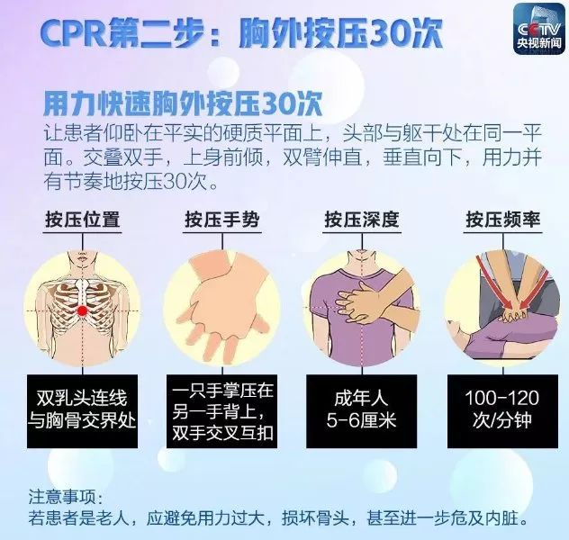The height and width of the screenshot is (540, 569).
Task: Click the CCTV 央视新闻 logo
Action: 538,30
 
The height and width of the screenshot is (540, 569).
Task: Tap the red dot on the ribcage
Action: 83,310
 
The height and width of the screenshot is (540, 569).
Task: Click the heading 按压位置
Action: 82,220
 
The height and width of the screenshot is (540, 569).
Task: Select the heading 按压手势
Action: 222,220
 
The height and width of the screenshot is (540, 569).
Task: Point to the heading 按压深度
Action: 362,220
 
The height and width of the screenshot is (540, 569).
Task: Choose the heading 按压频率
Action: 503,220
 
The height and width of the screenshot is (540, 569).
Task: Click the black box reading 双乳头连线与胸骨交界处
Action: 82,411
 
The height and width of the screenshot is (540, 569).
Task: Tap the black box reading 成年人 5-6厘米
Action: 361,411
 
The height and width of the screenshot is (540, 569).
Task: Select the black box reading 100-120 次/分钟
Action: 502,411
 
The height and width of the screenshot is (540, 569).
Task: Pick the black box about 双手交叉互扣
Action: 221,411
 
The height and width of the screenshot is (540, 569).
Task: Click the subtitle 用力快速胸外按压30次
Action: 184,104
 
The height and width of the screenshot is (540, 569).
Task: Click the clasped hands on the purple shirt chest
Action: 359,302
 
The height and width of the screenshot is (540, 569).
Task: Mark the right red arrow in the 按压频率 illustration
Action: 533,290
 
